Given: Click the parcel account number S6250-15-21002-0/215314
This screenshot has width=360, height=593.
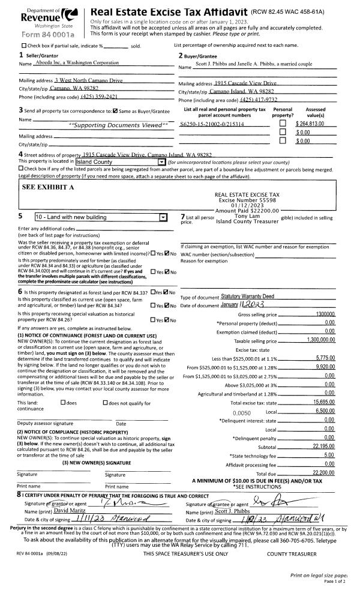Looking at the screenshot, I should click(215, 123).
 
